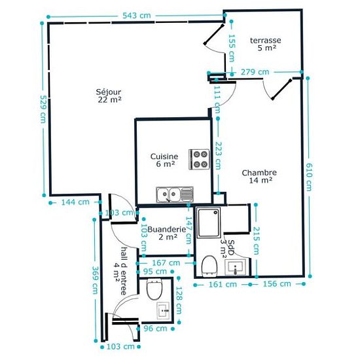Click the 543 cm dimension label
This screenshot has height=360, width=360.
click(x=137, y=16)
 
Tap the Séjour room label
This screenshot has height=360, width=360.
click(x=109, y=92)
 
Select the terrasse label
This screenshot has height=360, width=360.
click(x=265, y=40)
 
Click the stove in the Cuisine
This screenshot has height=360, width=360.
click(x=199, y=159)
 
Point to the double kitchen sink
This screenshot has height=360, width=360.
click(x=175, y=194)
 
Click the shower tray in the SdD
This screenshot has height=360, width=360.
click(x=209, y=223)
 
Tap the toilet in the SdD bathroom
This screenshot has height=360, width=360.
click(x=209, y=266)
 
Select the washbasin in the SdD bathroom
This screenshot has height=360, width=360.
click(x=235, y=267)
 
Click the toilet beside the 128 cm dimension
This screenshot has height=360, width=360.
click(x=154, y=289)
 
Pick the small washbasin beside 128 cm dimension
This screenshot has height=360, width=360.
click(x=164, y=310)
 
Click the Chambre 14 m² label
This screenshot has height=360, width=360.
click(x=259, y=176)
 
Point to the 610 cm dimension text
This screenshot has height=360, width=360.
click(x=309, y=177)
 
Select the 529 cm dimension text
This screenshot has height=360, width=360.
click(x=43, y=109)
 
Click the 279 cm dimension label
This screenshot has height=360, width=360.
click(x=255, y=72)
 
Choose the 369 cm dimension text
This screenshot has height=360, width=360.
click(x=95, y=280)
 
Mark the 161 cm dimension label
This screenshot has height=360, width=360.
click(x=223, y=285)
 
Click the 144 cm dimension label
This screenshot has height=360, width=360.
click(x=75, y=202)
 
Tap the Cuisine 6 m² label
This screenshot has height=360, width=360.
click(x=164, y=160)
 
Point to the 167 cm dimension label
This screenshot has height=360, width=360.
click(x=166, y=262)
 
